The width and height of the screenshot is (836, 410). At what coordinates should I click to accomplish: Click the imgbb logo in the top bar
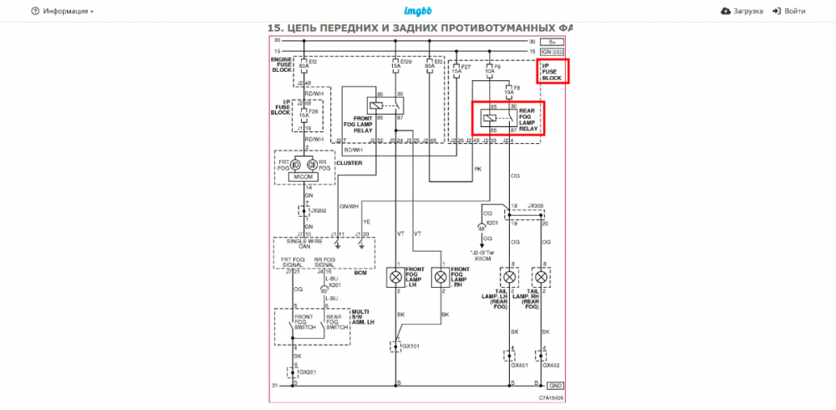(x=417, y=11)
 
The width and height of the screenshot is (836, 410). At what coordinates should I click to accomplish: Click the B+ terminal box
(x=551, y=41)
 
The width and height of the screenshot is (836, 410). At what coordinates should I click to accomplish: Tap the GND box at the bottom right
(x=553, y=386)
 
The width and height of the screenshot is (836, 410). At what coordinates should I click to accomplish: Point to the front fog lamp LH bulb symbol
(x=395, y=276)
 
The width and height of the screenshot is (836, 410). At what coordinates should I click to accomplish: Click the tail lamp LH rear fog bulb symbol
(x=508, y=276)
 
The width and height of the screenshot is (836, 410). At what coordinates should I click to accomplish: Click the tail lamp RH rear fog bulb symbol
(x=541, y=276)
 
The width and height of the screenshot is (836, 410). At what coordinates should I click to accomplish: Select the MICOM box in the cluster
(x=300, y=177)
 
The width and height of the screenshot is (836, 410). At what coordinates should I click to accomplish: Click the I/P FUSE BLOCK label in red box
(x=553, y=71)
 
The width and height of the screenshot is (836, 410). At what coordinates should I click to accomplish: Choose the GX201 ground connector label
(x=308, y=372)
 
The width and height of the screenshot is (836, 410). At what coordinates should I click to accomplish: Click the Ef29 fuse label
(x=406, y=62)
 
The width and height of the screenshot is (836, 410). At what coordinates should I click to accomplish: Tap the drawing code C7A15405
(x=551, y=398)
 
